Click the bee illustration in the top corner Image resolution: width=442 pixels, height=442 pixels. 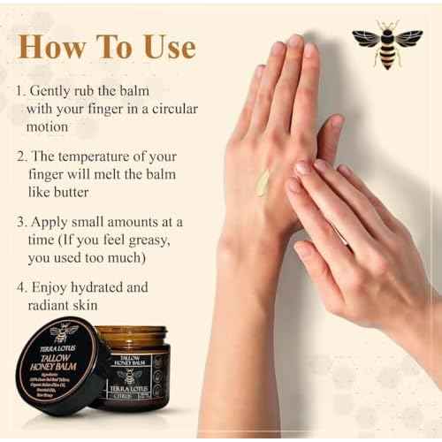pyautogui.click(x=386, y=43)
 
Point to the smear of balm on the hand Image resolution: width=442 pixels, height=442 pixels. pyautogui.click(x=263, y=182)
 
